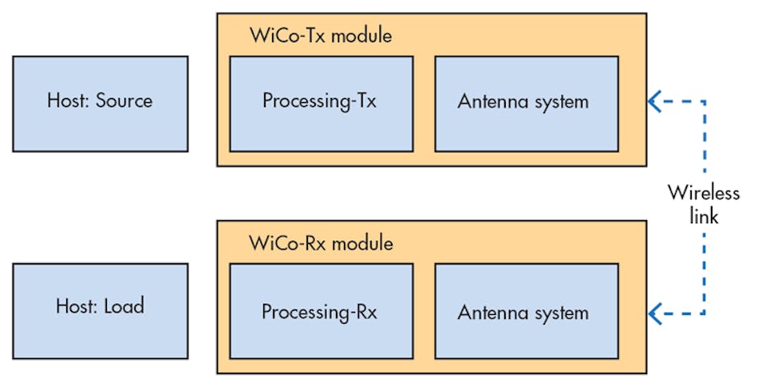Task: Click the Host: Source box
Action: pos(101,103)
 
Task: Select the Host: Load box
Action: pos(101,310)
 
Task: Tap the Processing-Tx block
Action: pos(321,103)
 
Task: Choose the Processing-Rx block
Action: pos(321,310)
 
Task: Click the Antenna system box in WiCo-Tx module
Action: pos(527,103)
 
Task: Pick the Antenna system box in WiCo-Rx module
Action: pos(527,310)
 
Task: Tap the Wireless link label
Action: pos(704,204)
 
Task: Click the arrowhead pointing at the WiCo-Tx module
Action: pos(655,100)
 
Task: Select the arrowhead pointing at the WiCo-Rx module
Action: pos(655,313)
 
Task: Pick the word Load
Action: pos(124,306)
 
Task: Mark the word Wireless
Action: pos(704,193)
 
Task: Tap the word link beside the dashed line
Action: pos(704,216)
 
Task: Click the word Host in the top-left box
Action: pos(66,101)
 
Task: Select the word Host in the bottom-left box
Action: pos(75,306)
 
